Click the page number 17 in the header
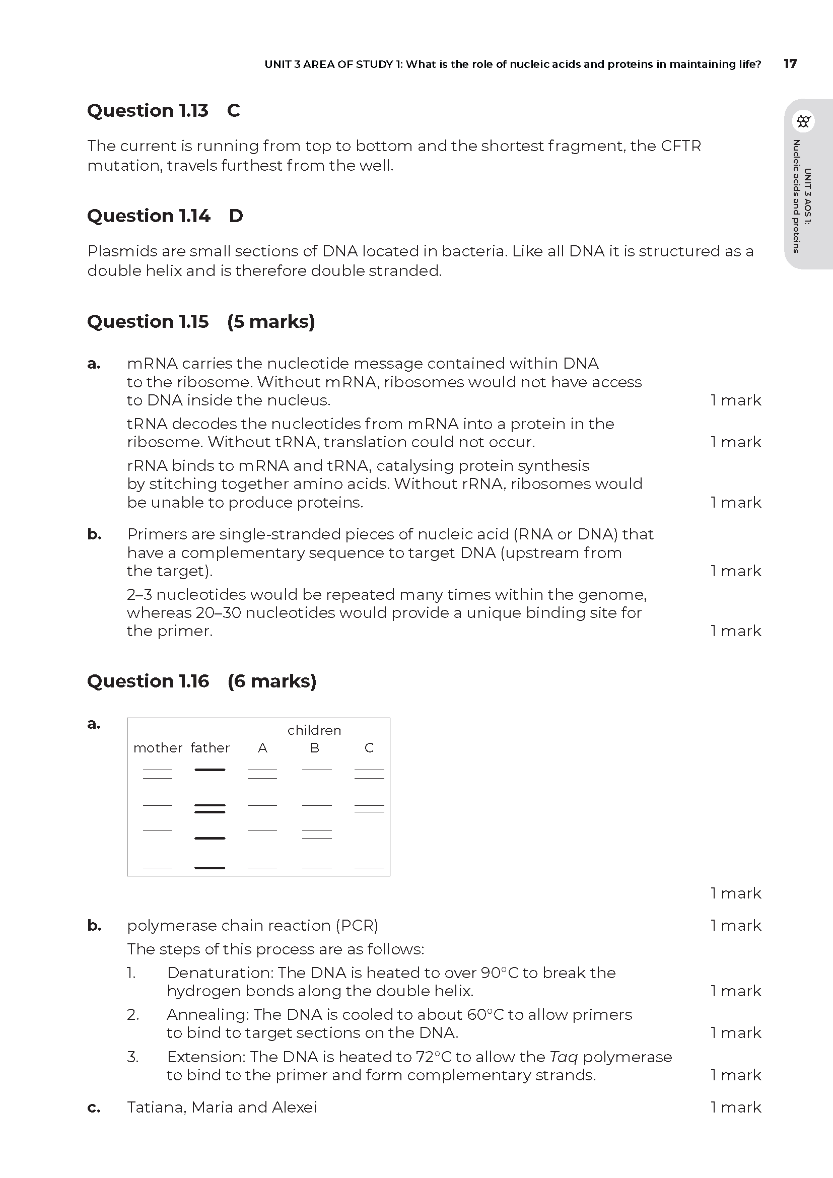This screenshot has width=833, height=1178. pos(790,63)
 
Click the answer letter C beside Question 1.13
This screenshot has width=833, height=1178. pos(233,110)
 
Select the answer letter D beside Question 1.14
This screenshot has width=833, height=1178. pos(236,216)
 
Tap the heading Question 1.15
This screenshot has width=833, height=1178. pos(148,321)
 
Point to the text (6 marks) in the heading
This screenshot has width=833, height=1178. pos(272,681)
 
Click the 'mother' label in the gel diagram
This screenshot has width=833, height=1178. pos(158,748)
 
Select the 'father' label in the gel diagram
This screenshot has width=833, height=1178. pos(210,748)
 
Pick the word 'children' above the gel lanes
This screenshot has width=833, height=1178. pos(314,730)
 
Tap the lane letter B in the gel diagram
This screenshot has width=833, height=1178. pos(315,748)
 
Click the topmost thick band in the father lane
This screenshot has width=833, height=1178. pos(210,770)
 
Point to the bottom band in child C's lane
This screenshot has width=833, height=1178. pos(369,868)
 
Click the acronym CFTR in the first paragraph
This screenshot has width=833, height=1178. pos(681,146)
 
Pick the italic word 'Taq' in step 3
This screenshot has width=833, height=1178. pos(564,1057)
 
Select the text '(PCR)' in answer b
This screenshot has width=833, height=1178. pos(357,925)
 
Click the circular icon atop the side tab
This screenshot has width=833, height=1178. pos(803,121)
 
